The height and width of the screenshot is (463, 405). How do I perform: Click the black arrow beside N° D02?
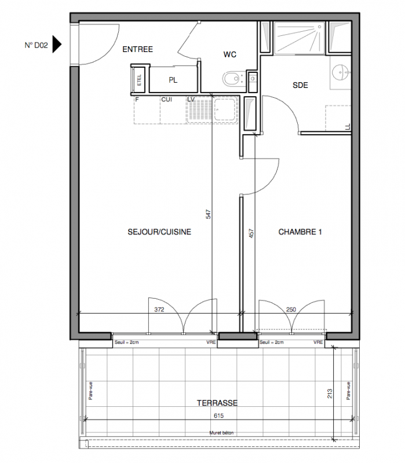(56, 45)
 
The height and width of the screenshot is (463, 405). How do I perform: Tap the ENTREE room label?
(137, 49)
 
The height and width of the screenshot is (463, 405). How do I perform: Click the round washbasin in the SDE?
(341, 72)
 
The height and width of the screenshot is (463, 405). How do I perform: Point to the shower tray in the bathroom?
(299, 38)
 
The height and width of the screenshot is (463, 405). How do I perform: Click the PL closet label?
(173, 80)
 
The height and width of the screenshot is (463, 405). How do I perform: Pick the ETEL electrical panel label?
(139, 80)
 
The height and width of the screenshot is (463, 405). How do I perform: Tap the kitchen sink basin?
(225, 109)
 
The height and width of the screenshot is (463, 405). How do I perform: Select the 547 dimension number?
(209, 214)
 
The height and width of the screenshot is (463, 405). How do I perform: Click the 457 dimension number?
(251, 233)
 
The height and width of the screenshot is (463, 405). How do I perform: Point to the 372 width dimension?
(159, 310)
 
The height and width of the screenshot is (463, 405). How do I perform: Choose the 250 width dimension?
(291, 310)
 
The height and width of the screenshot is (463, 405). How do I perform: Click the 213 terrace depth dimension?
(330, 394)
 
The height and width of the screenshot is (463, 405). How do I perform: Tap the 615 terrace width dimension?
(219, 416)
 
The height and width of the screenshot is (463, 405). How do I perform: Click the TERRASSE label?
(217, 403)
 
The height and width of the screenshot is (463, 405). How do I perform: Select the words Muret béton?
(221, 433)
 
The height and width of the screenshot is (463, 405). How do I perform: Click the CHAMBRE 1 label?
(300, 232)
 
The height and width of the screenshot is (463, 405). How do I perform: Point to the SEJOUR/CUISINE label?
(159, 232)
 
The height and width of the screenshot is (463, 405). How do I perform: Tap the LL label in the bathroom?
(348, 127)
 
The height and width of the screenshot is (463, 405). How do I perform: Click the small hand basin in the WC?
(253, 79)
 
